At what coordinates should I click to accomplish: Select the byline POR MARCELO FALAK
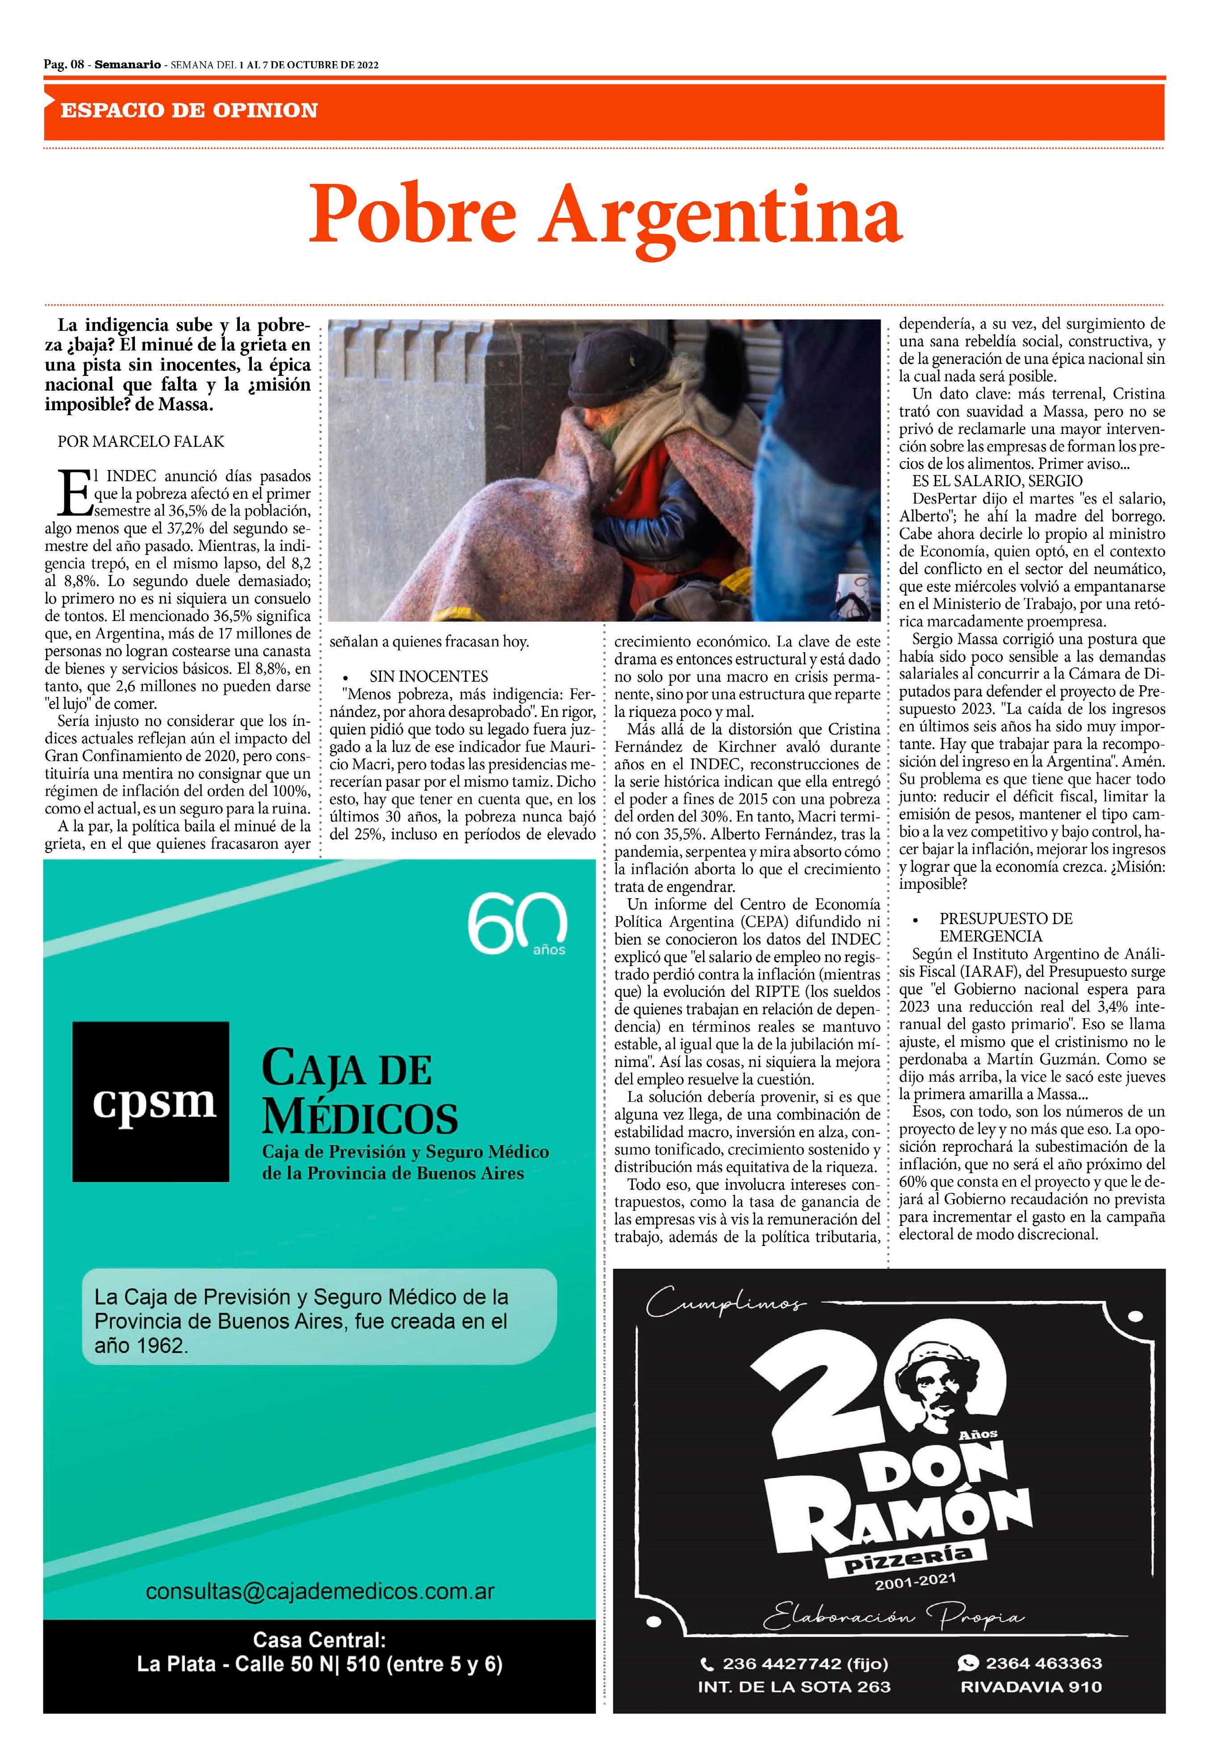(x=141, y=442)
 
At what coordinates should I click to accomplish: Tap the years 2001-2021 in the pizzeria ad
(x=915, y=1581)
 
